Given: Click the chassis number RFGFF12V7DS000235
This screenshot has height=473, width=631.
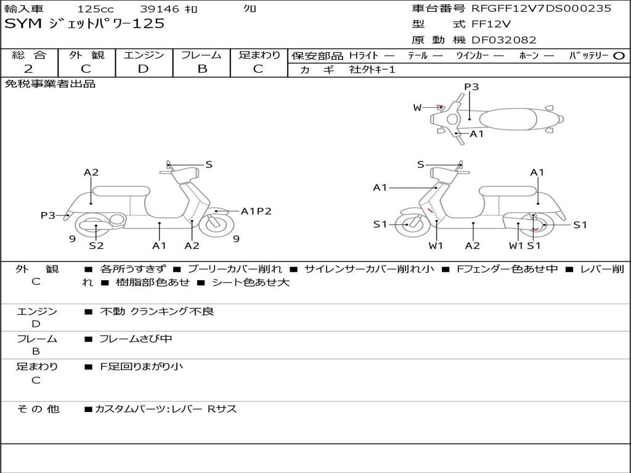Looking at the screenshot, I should pyautogui.click(x=541, y=9).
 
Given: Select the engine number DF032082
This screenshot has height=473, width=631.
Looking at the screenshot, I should pyautogui.click(x=503, y=40).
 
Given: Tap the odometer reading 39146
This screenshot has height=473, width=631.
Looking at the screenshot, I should pyautogui.click(x=159, y=9).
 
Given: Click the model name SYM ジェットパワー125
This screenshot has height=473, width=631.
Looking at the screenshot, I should pyautogui.click(x=84, y=24).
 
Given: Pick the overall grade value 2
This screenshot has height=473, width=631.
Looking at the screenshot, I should pyautogui.click(x=28, y=69).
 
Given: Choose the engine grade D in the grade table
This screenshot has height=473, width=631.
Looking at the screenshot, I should pyautogui.click(x=143, y=69).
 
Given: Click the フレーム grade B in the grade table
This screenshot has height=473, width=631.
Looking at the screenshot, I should pyautogui.click(x=202, y=69).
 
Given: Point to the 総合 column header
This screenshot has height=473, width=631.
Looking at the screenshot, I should pyautogui.click(x=28, y=55).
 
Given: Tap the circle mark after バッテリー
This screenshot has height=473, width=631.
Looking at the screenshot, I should pyautogui.click(x=619, y=55).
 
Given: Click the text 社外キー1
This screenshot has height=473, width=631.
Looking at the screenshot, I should pyautogui.click(x=372, y=70).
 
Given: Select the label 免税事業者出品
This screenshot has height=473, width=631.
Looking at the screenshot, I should pyautogui.click(x=51, y=84).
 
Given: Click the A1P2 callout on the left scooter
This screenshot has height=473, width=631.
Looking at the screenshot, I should pyautogui.click(x=256, y=211).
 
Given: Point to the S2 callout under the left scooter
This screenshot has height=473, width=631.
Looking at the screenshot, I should pyautogui.click(x=96, y=246).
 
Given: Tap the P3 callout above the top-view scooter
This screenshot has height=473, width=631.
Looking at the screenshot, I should pyautogui.click(x=471, y=87).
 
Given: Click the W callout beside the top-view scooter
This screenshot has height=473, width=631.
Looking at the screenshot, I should pyautogui.click(x=417, y=108).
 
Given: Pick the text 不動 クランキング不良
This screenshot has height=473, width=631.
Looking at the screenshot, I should pyautogui.click(x=157, y=312).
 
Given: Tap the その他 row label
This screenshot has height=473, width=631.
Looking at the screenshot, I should pyautogui.click(x=37, y=409).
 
